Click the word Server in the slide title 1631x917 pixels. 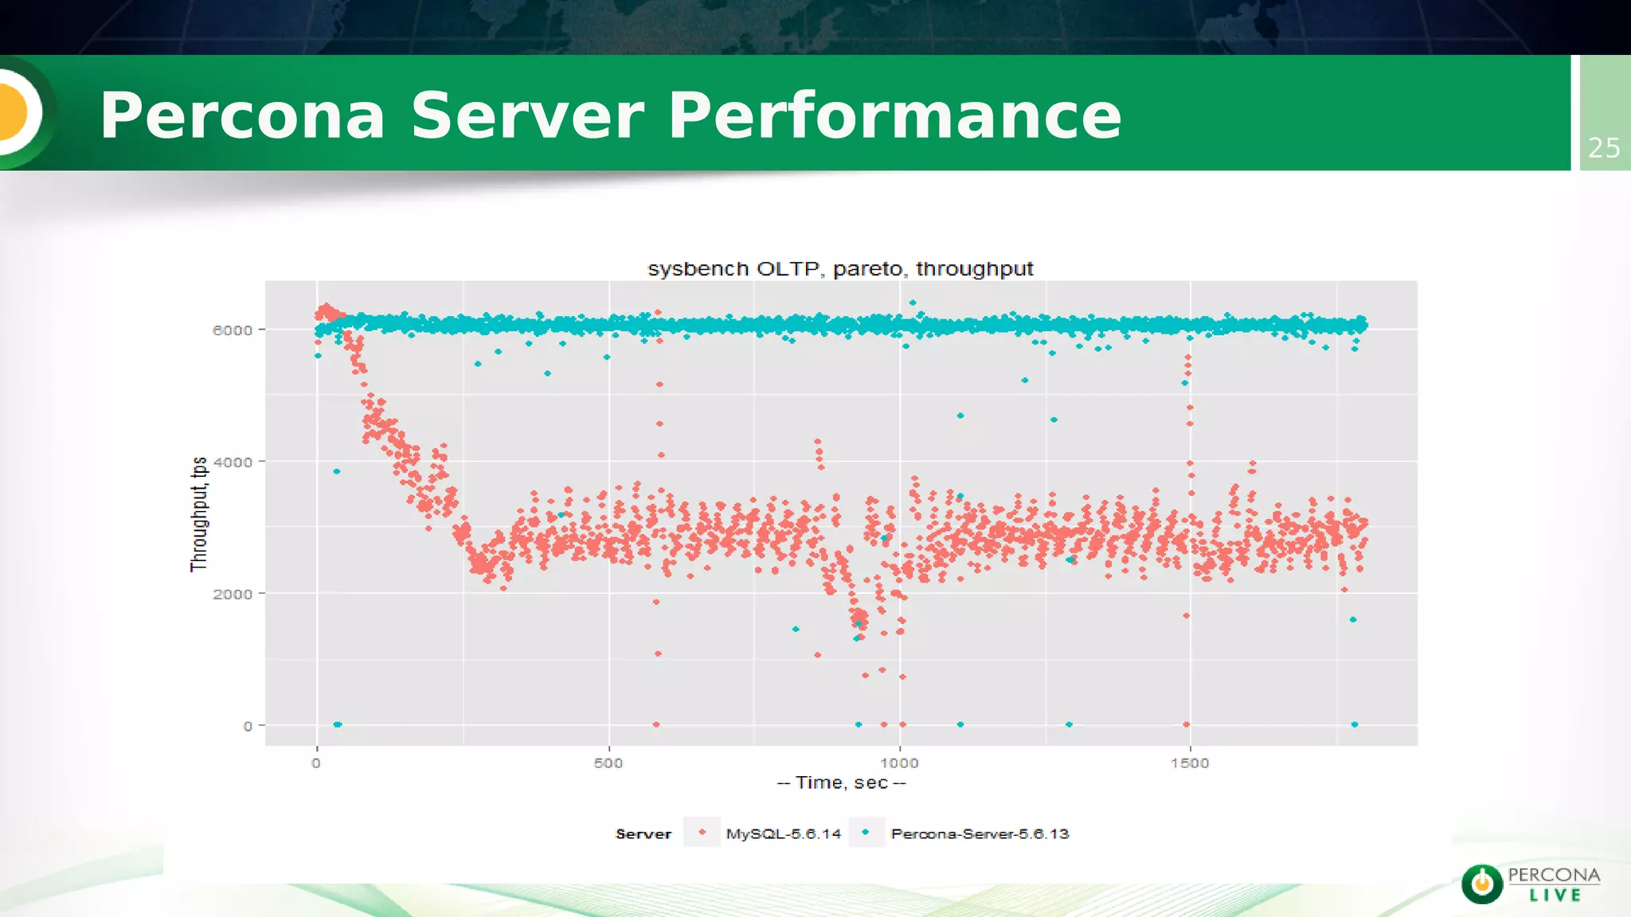526,116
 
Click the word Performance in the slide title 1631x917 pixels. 894,116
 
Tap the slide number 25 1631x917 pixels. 1604,148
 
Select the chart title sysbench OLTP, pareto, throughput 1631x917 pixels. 840,269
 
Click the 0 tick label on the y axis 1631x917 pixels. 248,726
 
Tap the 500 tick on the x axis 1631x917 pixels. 608,763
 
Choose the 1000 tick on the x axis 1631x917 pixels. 899,763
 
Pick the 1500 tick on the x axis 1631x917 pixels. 1190,763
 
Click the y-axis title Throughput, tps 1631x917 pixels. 199,513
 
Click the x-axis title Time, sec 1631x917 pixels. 841,783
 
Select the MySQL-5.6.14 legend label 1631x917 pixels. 783,834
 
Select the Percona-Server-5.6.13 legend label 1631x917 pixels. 980,834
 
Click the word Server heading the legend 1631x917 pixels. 643,834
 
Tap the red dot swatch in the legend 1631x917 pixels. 702,833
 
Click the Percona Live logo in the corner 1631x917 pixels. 1531,884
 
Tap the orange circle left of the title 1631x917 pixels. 14,113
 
